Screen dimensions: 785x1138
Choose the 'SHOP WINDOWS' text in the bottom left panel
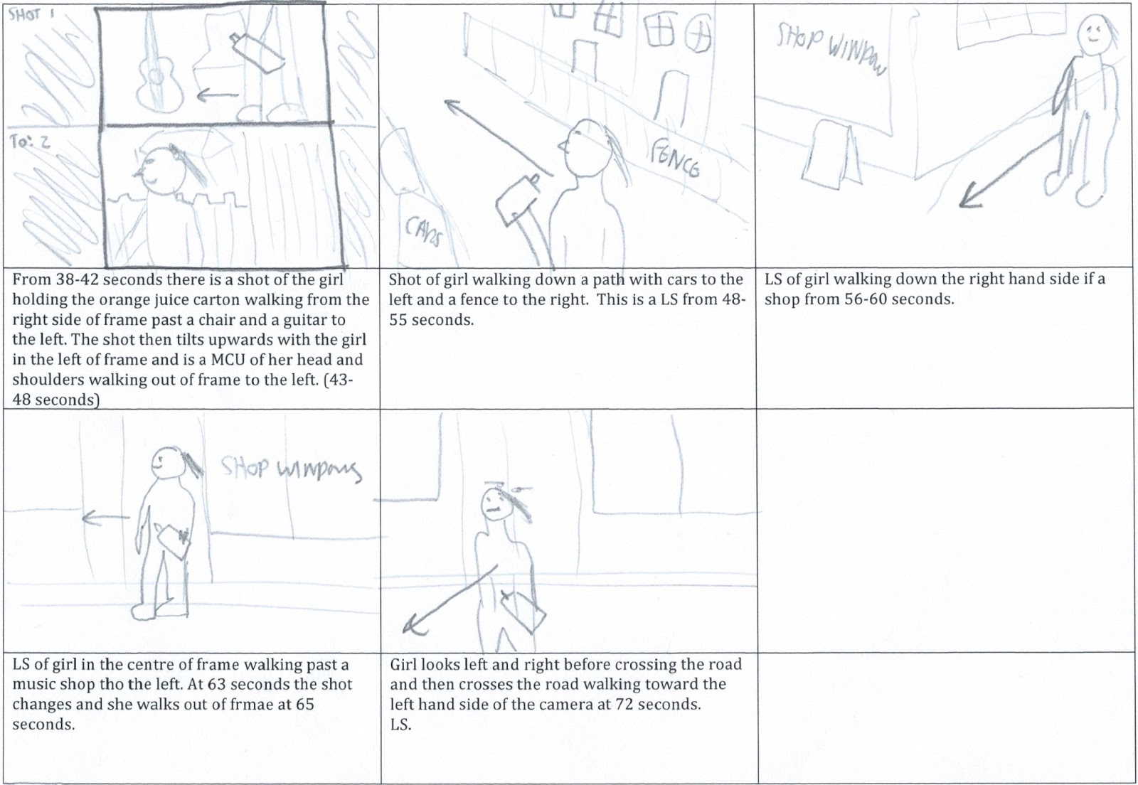point(290,469)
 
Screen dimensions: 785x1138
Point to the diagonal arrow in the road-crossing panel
point(448,599)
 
